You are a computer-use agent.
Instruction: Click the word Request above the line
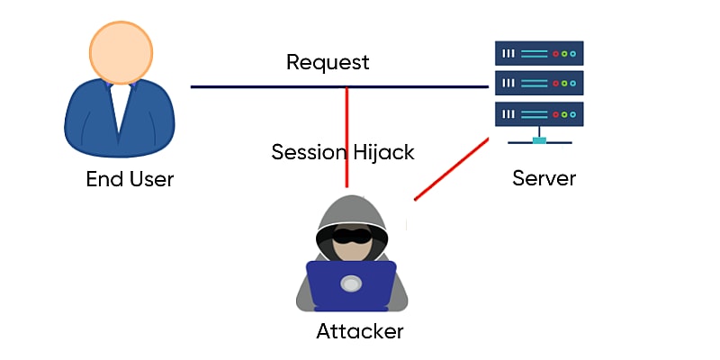coord(328,63)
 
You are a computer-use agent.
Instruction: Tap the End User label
coord(130,179)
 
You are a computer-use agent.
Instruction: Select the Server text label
coord(544,178)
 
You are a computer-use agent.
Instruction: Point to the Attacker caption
coord(360,331)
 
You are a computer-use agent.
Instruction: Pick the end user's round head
coord(121,52)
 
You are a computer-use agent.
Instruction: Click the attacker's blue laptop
coord(351,284)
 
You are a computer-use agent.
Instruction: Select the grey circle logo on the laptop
coord(351,284)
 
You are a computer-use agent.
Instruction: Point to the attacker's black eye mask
coord(352,236)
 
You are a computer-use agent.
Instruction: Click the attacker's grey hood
coord(352,215)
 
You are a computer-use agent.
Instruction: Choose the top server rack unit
coord(539,53)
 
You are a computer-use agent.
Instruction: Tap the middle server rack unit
coord(539,83)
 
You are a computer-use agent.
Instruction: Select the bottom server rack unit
coord(539,114)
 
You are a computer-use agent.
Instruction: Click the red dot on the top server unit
coord(555,54)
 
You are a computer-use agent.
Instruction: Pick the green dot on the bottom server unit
coord(564,114)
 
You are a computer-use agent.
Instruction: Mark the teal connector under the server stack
coord(539,140)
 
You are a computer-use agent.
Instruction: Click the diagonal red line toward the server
coord(452,169)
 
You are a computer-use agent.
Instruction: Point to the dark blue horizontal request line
coord(339,86)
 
